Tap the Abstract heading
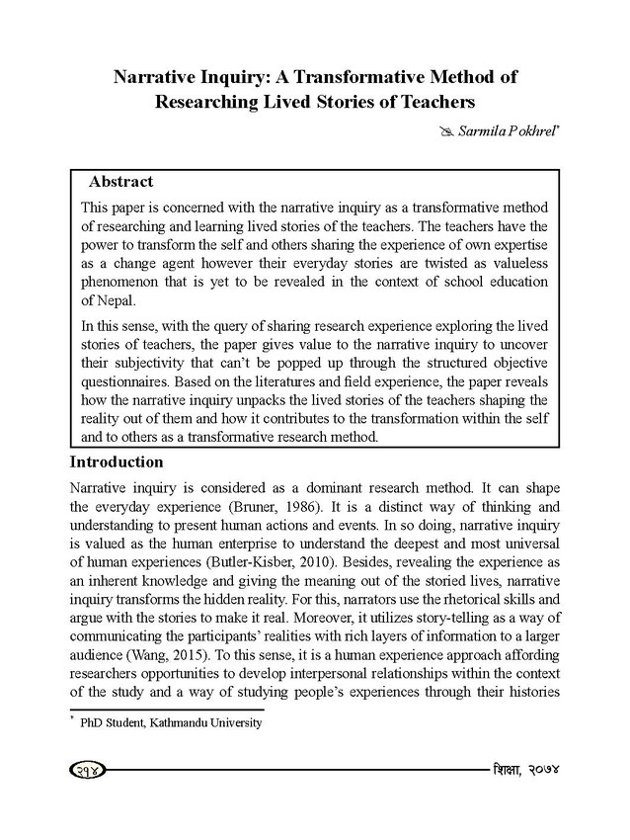[120, 182]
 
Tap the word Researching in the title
[211, 101]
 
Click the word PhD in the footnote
[93, 723]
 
